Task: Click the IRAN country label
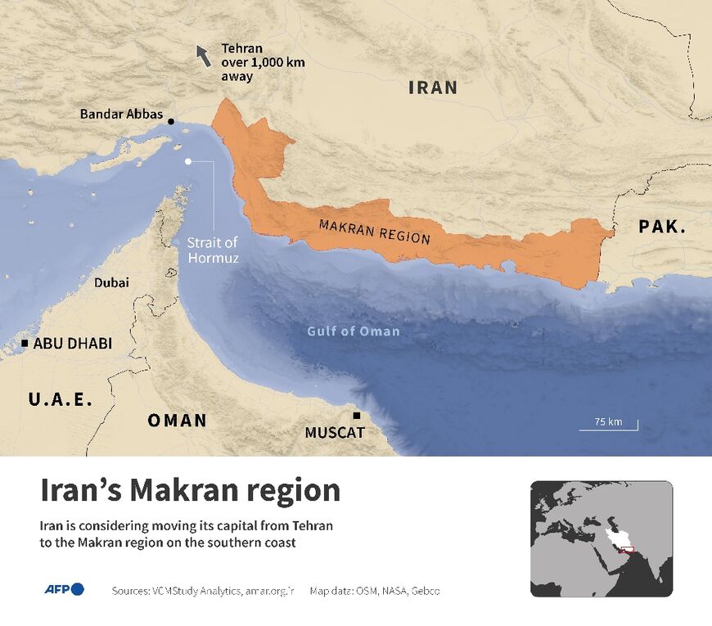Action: pos(433,88)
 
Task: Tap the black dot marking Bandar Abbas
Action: pos(171,122)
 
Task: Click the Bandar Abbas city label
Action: pos(121,115)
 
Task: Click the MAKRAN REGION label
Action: pos(374,232)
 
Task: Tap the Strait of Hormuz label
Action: pos(212,249)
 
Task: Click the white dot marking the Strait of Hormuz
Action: pos(188,161)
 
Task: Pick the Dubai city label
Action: pos(111,282)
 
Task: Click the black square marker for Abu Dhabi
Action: pos(25,343)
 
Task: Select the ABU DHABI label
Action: pos(73,344)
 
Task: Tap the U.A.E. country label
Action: pos(61,399)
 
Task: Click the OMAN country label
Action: pos(177,421)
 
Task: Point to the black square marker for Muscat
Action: pos(356,416)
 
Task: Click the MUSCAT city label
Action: pos(335,432)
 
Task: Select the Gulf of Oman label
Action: pos(354,331)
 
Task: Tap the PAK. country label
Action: pos(662,227)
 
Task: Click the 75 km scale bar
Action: pos(608,426)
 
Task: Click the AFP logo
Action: pos(64,589)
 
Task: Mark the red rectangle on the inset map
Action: pos(626,550)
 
